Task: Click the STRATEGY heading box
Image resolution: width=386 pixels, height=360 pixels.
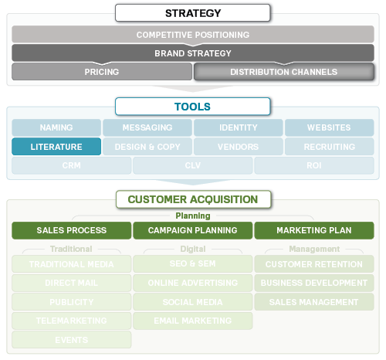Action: point(192,13)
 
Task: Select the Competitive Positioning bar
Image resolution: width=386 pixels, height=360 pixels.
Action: point(192,35)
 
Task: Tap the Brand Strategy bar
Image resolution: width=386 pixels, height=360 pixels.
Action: point(192,53)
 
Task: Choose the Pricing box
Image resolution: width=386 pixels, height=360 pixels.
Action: point(101,72)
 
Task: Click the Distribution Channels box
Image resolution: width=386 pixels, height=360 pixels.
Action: point(284,72)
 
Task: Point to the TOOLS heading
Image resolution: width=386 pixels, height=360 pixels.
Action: point(192,107)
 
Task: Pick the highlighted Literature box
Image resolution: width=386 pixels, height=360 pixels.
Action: point(56,146)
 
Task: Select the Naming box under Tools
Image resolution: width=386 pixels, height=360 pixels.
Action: point(56,127)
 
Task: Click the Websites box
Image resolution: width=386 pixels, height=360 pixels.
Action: point(329,127)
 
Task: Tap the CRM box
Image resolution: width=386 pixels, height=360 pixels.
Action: point(71,165)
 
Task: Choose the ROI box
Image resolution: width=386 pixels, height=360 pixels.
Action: point(314,165)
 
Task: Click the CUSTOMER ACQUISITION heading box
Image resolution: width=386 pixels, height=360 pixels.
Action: point(192,199)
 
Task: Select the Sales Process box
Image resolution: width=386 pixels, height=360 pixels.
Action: point(71,230)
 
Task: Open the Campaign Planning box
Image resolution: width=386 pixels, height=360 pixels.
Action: point(192,230)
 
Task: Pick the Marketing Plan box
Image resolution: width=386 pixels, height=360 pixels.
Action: point(314,230)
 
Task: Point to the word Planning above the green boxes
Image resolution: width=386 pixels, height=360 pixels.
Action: point(192,216)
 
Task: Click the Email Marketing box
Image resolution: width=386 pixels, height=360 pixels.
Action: point(192,321)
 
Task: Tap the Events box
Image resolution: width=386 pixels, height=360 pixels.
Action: point(71,340)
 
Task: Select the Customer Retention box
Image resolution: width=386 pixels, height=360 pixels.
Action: point(314,264)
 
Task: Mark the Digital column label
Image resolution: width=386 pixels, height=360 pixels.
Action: point(192,249)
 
